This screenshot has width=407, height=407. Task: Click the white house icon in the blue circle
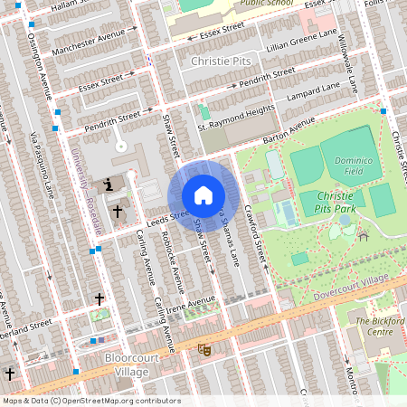point(203,195)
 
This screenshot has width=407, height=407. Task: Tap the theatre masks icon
point(204,347)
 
